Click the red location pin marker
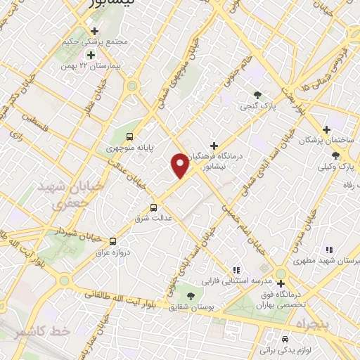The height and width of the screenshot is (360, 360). [x=180, y=166]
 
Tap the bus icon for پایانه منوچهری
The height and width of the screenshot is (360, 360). [x=129, y=136]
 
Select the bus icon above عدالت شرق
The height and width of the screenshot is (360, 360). [x=153, y=207]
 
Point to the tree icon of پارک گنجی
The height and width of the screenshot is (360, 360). [x=258, y=95]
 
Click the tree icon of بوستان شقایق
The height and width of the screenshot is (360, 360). [x=191, y=295]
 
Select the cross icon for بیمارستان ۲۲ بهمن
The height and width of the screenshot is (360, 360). [x=90, y=54]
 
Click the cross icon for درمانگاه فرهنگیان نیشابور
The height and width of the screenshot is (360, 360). [x=214, y=146]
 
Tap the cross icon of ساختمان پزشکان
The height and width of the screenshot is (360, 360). [x=326, y=129]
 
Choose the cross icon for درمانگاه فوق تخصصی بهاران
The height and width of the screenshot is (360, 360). [x=281, y=283]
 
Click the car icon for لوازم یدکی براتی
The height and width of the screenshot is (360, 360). [x=285, y=337]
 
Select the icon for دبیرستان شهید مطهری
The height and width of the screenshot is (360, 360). [x=328, y=249]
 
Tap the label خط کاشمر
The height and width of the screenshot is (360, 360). [x=32, y=330]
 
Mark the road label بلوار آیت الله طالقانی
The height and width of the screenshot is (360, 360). [x=127, y=301]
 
